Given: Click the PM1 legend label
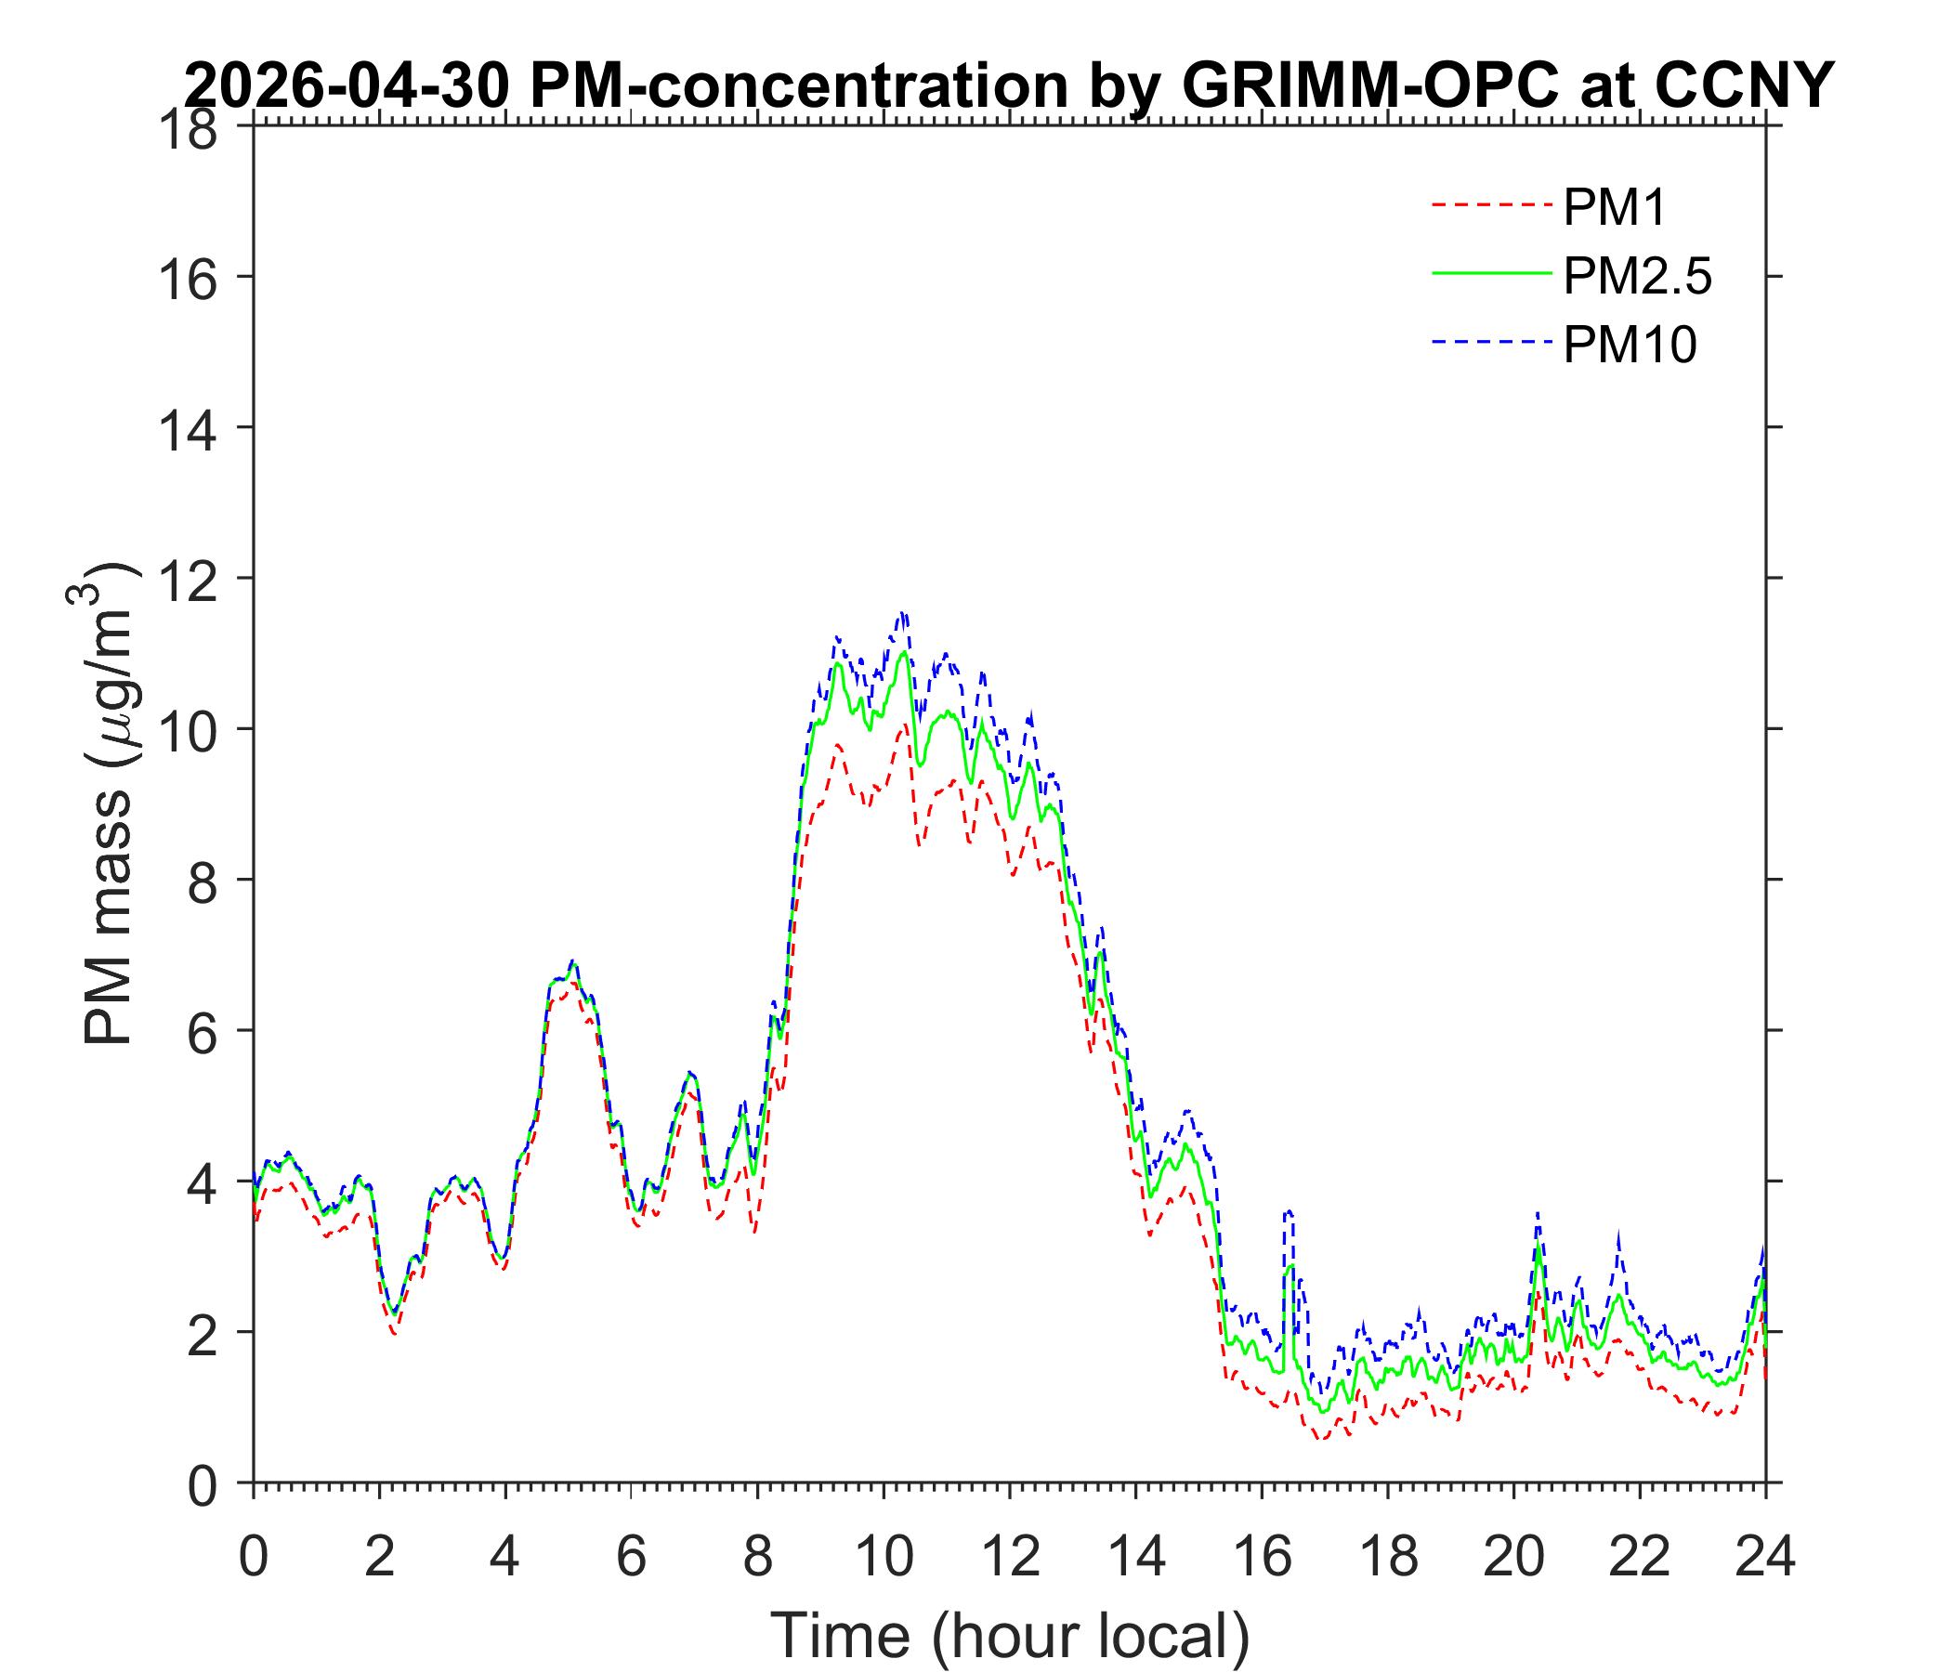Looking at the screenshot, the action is (x=1614, y=207).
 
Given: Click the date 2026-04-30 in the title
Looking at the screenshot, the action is (x=348, y=86).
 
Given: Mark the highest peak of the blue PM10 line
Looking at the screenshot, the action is (x=903, y=613).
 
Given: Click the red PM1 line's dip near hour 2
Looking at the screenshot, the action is (x=395, y=1333).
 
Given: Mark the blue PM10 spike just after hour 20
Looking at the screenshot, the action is (x=1538, y=1212).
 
